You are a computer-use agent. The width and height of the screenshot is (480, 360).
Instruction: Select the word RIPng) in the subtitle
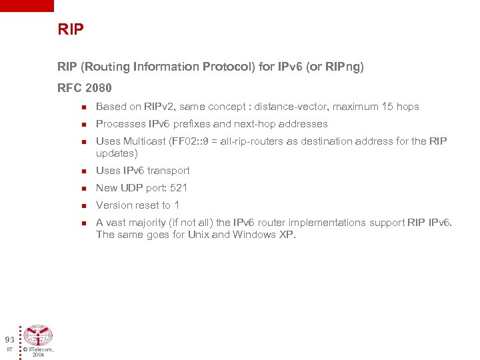tap(346, 67)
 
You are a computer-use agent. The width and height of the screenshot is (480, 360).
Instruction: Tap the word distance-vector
tap(295, 107)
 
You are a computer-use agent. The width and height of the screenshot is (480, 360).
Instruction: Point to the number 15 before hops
tap(388, 107)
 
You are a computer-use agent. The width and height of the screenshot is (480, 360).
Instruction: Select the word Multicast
tap(146, 141)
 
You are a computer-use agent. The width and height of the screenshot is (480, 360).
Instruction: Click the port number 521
tap(179, 188)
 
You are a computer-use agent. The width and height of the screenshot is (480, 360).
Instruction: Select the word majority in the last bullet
tap(150, 223)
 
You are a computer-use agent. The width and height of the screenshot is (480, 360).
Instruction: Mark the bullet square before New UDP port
tap(83, 189)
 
